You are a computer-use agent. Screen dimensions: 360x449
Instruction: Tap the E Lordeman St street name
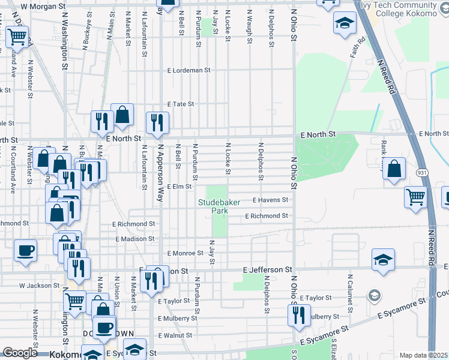pyautogui.click(x=189, y=70)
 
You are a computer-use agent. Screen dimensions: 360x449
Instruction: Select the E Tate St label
pyautogui.click(x=181, y=104)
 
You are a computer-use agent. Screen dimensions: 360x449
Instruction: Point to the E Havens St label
pyautogui.click(x=270, y=200)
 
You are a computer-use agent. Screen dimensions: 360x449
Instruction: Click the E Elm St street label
pyautogui.click(x=179, y=187)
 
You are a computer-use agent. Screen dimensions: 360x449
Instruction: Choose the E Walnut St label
pyautogui.click(x=174, y=335)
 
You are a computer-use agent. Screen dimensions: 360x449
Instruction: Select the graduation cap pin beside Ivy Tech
pyautogui.click(x=345, y=25)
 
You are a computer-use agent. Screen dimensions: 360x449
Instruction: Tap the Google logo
pyautogui.click(x=20, y=353)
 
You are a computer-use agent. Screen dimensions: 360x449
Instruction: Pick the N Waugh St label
pyautogui.click(x=249, y=23)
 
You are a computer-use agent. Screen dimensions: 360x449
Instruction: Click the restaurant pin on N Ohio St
pyautogui.click(x=299, y=314)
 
